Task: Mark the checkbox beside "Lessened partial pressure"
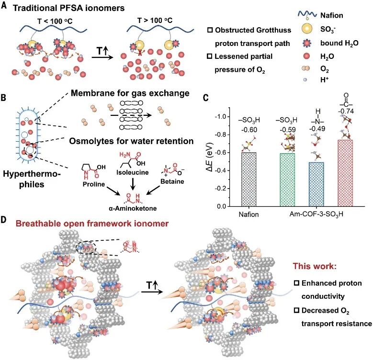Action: [x=210, y=57]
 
